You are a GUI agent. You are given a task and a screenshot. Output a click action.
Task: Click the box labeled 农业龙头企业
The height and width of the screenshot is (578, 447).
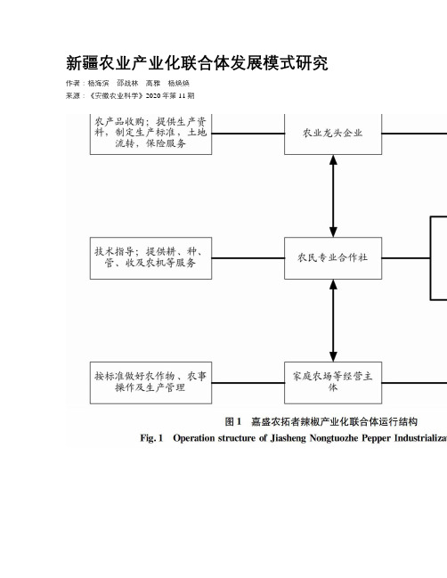coord(333,134)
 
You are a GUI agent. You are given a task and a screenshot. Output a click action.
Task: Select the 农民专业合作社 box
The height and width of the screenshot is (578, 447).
coord(333,258)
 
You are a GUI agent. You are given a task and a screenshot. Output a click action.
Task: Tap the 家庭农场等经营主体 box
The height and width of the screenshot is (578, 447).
coord(333,383)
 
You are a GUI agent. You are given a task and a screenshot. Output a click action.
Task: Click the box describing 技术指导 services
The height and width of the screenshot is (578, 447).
coord(150,258)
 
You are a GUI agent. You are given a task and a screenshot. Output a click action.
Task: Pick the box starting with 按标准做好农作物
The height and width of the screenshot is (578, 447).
coord(150,383)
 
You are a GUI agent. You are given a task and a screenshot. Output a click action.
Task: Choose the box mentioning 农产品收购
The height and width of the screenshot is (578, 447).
coord(150,134)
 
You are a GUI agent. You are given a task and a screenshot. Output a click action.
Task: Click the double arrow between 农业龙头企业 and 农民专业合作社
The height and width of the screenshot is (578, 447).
coord(333,196)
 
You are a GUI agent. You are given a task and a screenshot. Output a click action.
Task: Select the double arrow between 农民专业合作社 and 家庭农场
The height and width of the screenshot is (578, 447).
coord(333,321)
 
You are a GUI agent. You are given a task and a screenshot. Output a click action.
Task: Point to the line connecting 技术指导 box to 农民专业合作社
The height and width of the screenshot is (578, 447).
coord(248,258)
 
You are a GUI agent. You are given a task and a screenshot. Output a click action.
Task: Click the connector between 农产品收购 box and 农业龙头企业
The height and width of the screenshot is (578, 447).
coord(248,134)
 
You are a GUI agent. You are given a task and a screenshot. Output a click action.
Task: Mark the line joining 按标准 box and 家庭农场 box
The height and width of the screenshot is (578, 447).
coord(248,383)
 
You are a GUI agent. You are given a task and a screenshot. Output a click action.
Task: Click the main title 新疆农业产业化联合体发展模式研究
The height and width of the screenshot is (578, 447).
coord(197,63)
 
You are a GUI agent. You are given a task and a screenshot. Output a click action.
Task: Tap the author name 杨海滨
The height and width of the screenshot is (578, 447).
coord(98,84)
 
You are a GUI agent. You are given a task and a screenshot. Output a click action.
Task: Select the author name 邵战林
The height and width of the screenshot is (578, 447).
coord(127,84)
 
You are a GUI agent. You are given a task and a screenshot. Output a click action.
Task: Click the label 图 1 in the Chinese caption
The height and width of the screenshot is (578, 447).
coord(233,421)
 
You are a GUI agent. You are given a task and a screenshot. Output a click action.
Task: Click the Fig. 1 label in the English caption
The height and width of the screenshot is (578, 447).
coord(151,438)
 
